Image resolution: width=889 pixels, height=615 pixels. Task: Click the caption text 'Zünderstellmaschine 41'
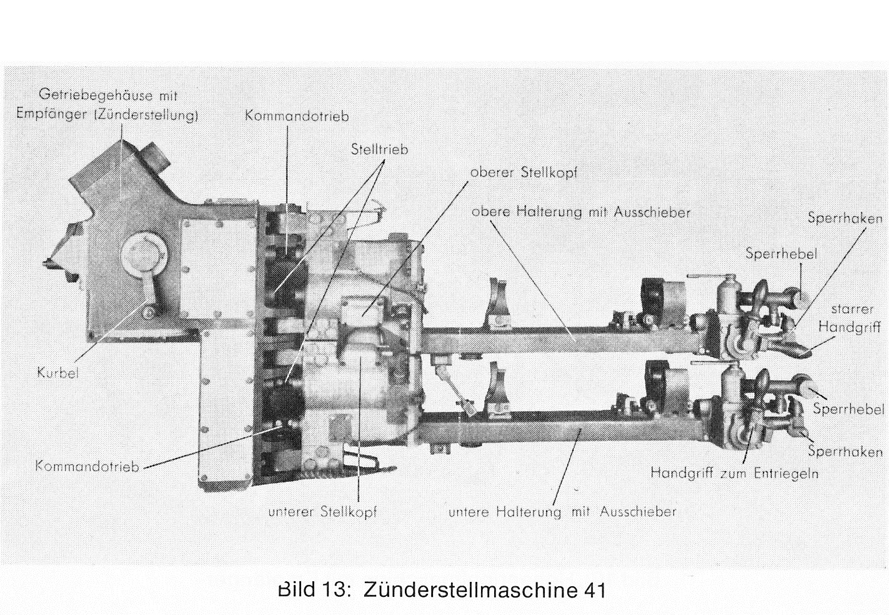click(485, 590)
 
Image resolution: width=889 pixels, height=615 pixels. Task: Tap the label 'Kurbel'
click(58, 373)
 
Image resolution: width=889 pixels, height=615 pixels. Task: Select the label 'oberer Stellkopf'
click(524, 173)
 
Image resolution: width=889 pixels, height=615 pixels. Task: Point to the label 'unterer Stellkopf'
click(322, 512)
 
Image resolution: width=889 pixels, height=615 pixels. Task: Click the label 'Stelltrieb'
click(379, 149)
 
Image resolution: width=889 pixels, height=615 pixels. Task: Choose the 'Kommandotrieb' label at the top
click(297, 116)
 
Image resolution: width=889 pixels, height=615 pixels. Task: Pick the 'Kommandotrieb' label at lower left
click(87, 466)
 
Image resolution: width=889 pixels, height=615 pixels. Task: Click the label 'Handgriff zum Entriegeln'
click(735, 473)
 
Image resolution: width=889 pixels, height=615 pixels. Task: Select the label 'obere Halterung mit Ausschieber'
click(581, 212)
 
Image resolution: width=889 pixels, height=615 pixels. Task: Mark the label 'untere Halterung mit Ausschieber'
click(562, 512)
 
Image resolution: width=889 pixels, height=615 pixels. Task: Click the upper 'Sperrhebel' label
click(782, 254)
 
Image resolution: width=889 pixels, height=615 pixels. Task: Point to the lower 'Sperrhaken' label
click(845, 452)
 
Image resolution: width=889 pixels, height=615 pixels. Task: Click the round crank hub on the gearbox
click(144, 253)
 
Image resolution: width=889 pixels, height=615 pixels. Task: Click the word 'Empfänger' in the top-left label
click(52, 115)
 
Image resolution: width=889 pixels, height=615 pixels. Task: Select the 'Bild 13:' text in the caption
click(314, 589)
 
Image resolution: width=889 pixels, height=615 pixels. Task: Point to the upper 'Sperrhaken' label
click(845, 218)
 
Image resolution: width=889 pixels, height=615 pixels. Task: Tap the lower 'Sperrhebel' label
click(849, 409)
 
